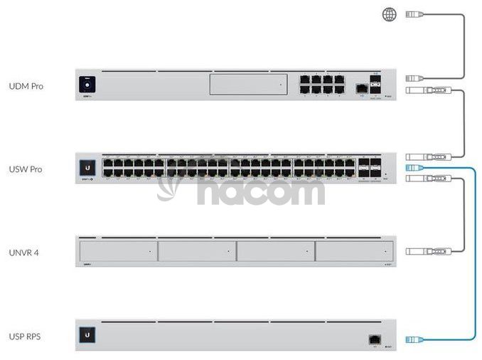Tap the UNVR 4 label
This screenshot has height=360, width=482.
[x=24, y=253]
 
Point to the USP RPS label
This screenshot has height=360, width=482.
[x=24, y=336]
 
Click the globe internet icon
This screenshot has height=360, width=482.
[x=390, y=14]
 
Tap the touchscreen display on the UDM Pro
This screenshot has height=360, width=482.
[x=88, y=85]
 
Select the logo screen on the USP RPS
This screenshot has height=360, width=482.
[x=89, y=335]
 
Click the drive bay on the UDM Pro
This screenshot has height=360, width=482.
[x=248, y=85]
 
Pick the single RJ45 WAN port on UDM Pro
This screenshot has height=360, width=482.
[x=361, y=88]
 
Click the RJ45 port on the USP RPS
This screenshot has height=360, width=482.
[x=373, y=340]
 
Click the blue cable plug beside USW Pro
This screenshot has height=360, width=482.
[x=414, y=168]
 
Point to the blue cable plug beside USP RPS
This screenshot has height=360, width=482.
[x=414, y=340]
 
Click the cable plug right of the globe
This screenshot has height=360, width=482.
[x=415, y=14]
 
